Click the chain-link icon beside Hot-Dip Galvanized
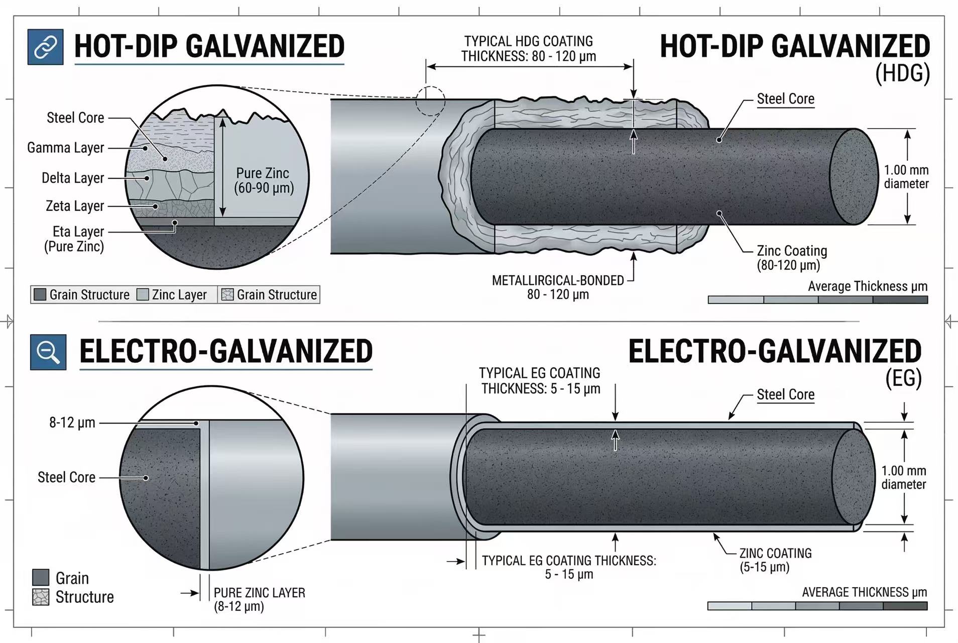(46, 47)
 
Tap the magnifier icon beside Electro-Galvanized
(48, 352)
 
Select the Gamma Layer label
(66, 148)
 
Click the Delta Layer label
(73, 178)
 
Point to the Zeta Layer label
(75, 206)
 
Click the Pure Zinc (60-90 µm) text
(263, 180)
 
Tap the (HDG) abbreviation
(902, 74)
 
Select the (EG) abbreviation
(903, 378)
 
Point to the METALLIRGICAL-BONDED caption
(558, 281)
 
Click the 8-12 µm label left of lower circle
(72, 422)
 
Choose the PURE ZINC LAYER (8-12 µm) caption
(259, 599)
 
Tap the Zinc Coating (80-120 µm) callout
(791, 258)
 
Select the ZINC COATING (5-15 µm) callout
(775, 560)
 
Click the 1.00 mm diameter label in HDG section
(906, 177)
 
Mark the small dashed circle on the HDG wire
(430, 101)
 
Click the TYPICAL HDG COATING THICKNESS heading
(528, 49)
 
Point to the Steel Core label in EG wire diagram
(785, 395)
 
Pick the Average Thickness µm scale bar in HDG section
(817, 300)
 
